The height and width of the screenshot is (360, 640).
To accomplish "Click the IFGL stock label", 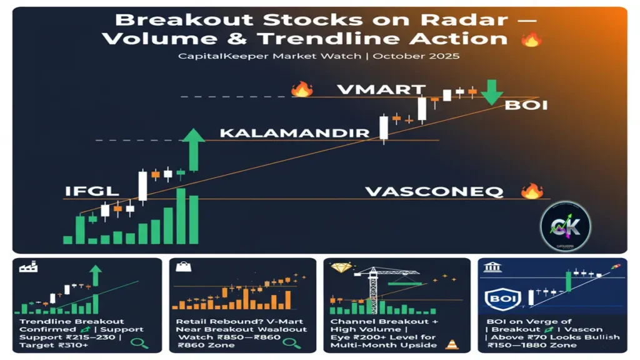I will point(91,191).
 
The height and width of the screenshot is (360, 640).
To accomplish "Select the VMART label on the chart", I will point(381,89).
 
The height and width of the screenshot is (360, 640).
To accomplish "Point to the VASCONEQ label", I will point(434,191).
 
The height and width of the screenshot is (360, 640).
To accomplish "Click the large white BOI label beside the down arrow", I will point(526,104).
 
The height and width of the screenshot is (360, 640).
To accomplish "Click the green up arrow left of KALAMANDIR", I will point(194,149).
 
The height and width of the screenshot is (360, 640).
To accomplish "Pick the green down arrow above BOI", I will point(492,92).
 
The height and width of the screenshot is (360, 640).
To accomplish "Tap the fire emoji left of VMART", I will point(302,89).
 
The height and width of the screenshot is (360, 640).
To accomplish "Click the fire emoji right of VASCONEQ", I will point(532,191).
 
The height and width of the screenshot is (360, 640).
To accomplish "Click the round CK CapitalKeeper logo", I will point(564,226).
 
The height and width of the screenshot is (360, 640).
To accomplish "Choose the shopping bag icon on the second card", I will point(184,267).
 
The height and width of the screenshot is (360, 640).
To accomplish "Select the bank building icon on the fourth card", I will point(492,267).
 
